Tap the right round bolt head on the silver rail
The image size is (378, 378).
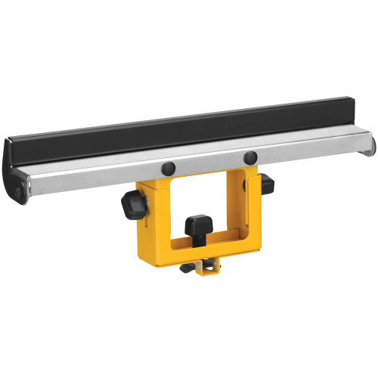pyautogui.click(x=250, y=158)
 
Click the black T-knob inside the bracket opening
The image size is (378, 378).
pyautogui.click(x=197, y=225)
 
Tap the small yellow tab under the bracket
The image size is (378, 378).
pyautogui.click(x=206, y=268)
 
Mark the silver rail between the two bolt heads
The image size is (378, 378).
pyautogui.click(x=208, y=163)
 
